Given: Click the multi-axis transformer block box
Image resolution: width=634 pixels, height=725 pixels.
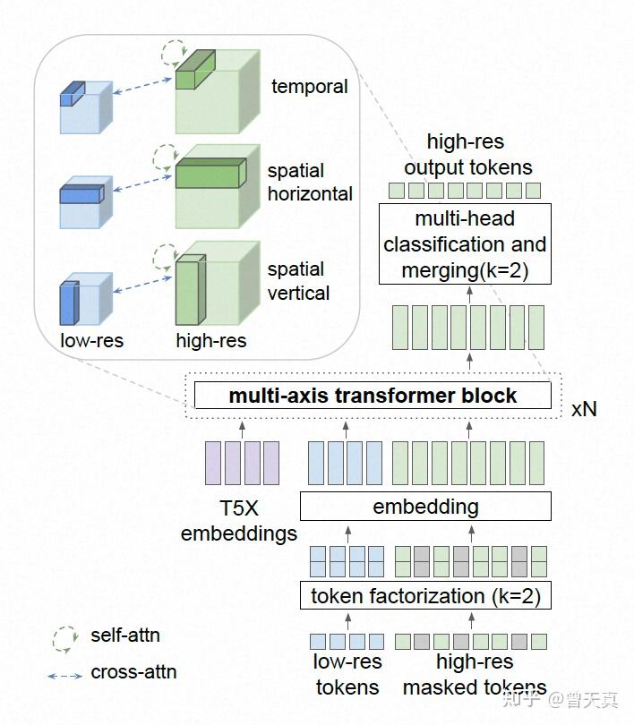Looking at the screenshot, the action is pos(373,396).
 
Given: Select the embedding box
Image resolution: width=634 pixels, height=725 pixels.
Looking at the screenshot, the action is pos(425,507).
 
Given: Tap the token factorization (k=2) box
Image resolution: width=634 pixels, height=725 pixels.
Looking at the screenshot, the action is pos(425,595).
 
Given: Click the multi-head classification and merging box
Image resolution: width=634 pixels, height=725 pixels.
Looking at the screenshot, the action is pos(465,243).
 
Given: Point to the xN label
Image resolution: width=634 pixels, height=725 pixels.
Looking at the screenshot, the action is pos(584,409).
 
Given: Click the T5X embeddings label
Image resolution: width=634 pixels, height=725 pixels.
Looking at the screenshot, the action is pos(238,521).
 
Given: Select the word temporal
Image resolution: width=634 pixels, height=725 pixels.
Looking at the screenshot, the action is pos(309,87).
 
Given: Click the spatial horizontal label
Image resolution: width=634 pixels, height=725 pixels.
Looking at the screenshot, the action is pos(310,183).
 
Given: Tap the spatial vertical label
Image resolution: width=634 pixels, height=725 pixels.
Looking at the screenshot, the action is pos(299,281).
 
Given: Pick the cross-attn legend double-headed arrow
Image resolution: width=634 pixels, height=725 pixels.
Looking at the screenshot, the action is pos(64,676).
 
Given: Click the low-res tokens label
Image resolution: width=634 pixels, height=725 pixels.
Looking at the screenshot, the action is pos(347,674).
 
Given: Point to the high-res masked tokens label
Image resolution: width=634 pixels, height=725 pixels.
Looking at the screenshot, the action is pos(475,674).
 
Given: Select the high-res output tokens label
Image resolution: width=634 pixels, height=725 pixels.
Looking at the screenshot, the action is pos(467,155).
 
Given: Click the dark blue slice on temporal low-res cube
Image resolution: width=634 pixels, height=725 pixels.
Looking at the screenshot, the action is pos(73,94).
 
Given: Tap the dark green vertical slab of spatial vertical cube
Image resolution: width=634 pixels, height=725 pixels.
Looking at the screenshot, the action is pos(191,290).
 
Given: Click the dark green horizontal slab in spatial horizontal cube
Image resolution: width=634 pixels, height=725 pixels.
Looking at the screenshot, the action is pos(210,174).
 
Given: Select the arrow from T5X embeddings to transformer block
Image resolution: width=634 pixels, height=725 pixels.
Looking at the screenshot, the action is pos(242,429).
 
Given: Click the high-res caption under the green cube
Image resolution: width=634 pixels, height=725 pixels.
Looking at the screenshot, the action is pos(210,341).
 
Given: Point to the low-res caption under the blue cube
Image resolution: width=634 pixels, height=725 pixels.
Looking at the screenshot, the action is pos(91,341).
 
